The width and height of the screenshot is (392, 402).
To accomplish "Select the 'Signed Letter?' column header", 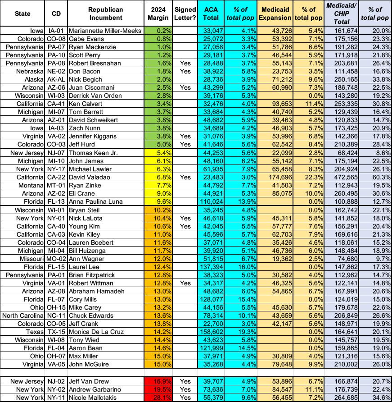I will coord(185,14).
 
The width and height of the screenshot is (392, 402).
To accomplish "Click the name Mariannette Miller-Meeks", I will coord(105,31).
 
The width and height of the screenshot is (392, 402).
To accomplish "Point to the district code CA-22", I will coord(57,169).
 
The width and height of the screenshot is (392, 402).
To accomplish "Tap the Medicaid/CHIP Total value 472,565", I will coord(340,169).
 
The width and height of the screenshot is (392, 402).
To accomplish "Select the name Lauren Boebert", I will coord(94,242).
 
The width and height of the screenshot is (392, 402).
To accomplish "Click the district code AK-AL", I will coord(57,80).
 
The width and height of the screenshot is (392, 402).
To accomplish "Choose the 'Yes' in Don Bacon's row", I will coord(185,72).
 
